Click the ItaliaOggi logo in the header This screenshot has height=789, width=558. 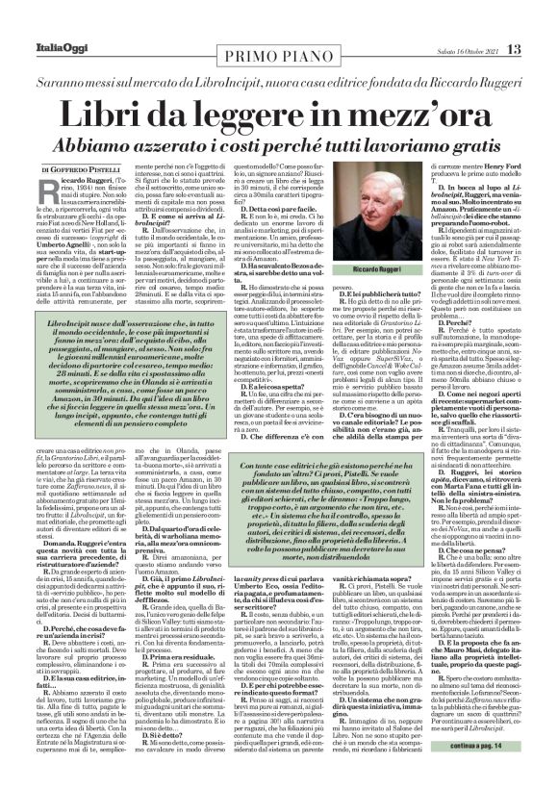(40, 22)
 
